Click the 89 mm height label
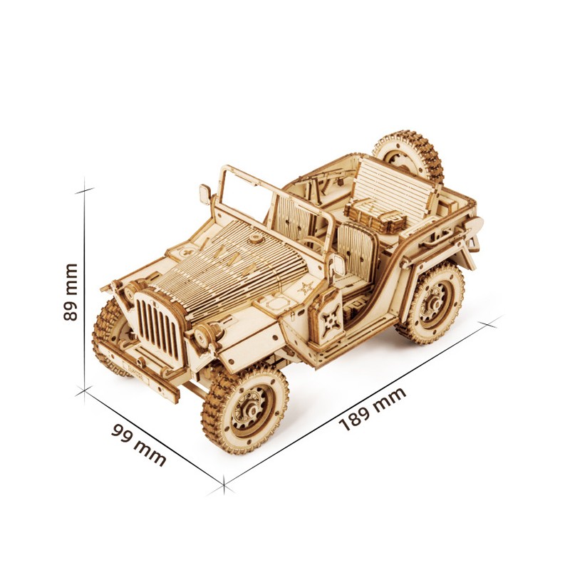(70, 291)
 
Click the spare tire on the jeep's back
(408, 155)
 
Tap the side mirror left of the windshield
(205, 192)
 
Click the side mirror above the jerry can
(338, 264)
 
